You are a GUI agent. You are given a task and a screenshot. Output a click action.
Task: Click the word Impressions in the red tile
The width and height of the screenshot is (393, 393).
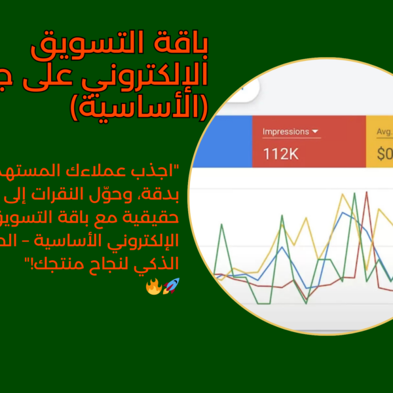pos(286,132)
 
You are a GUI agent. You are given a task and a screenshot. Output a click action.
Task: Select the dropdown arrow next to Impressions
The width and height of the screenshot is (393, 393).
pos(316,132)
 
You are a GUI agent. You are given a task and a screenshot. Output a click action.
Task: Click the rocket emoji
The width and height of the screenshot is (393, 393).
pos(172,285)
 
